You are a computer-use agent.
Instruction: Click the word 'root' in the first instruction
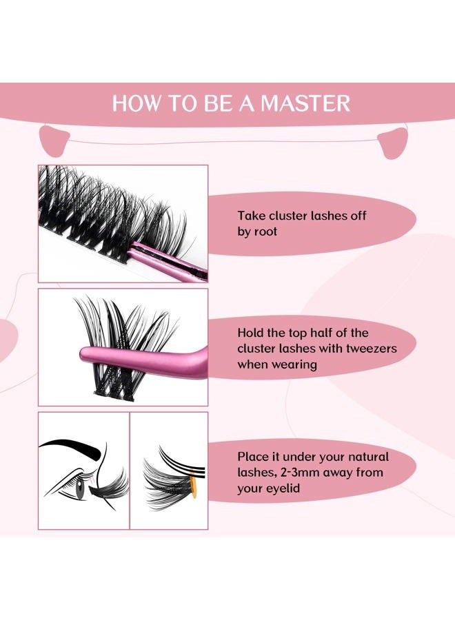pyautogui.click(x=265, y=231)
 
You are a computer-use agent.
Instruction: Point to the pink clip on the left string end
pyautogui.click(x=53, y=141)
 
